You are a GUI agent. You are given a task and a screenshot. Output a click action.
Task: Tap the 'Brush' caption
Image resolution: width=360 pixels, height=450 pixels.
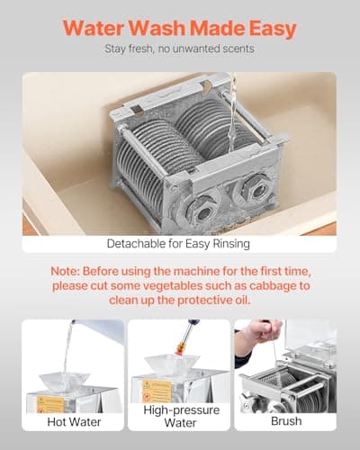tap(286, 420)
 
